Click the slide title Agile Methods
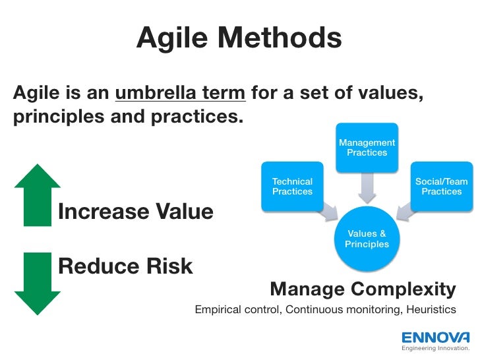tap(239, 39)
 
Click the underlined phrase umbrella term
tap(181, 94)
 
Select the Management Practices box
tap(367, 147)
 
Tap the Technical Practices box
tap(292, 186)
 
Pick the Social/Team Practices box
tap(441, 186)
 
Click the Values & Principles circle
tap(367, 239)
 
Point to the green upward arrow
tap(37, 195)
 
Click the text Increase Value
tap(136, 212)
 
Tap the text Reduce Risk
tap(125, 266)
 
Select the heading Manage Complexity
tap(363, 289)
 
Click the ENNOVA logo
tap(436, 336)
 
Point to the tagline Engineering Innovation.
tap(436, 347)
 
